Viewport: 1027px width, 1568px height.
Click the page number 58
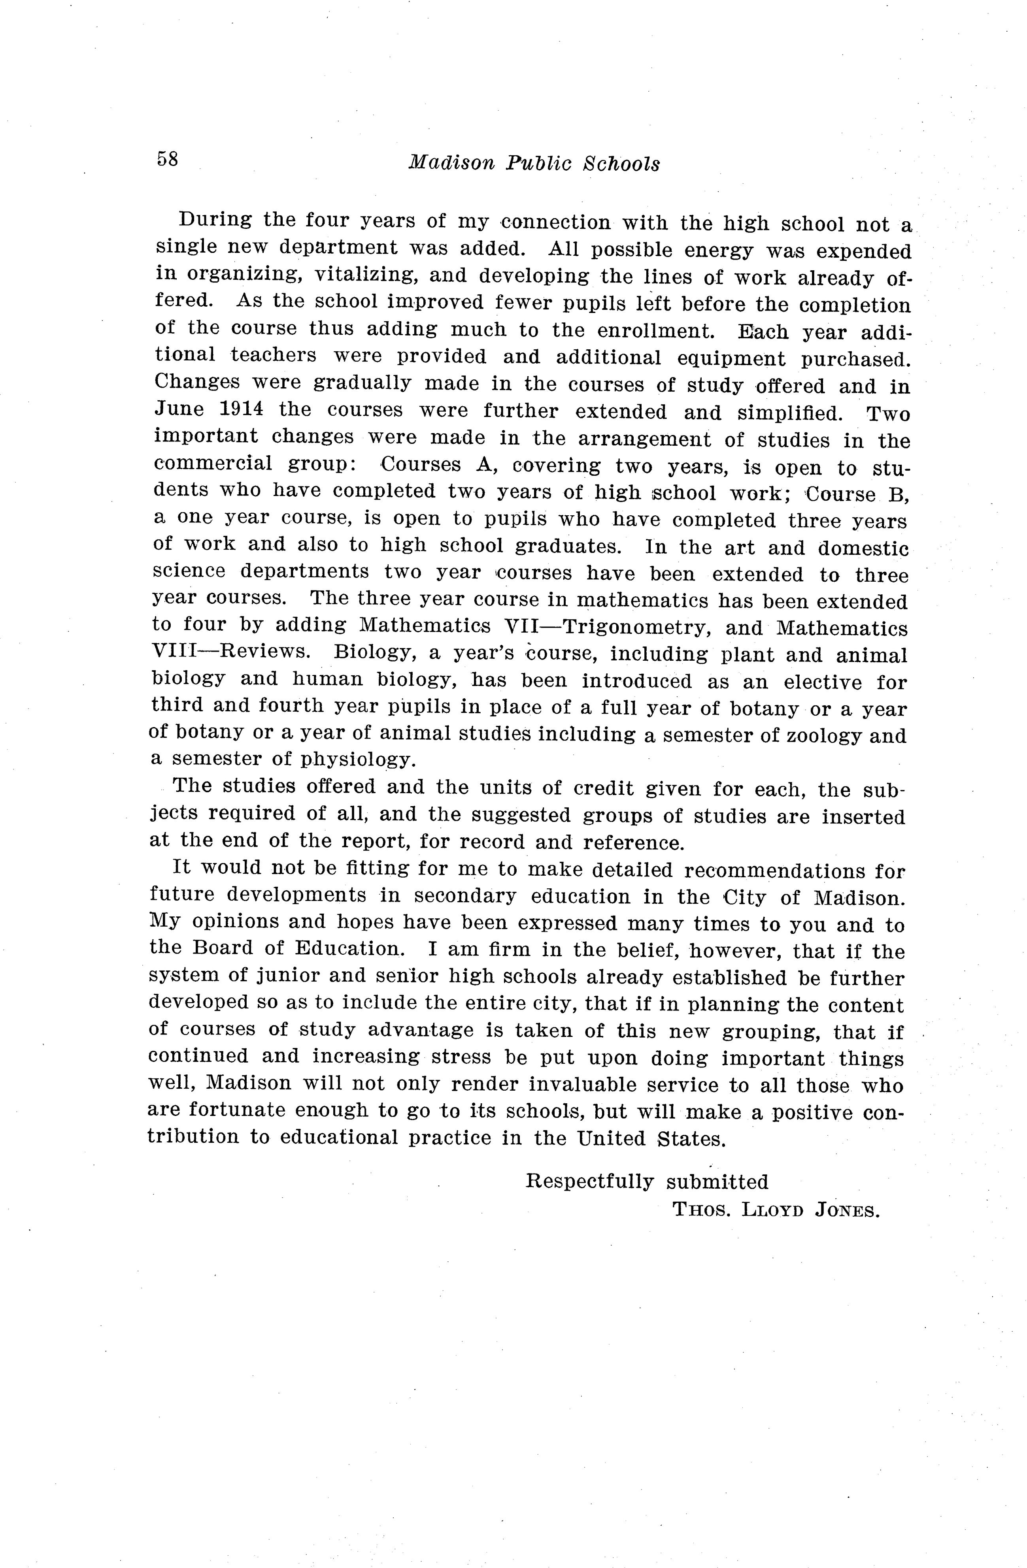168,159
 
